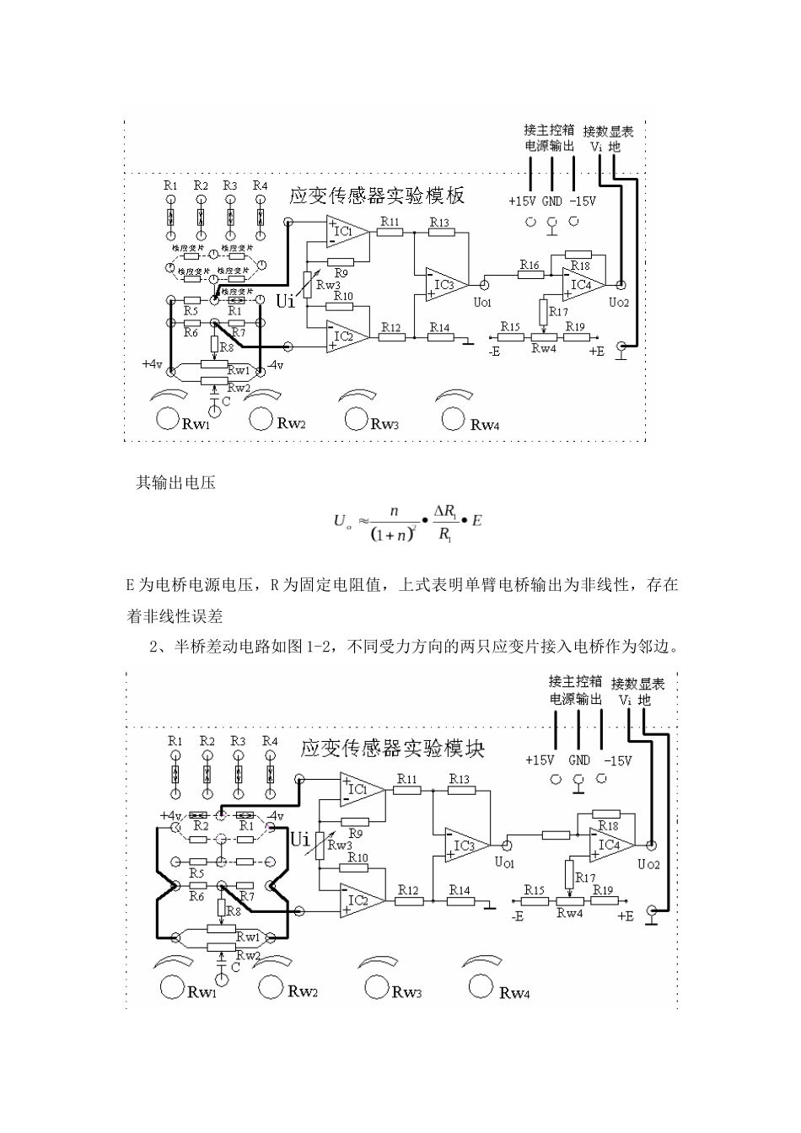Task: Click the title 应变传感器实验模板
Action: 376,196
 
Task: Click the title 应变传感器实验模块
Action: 393,749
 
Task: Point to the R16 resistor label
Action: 530,266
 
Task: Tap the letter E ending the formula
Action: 476,521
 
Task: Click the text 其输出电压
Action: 176,483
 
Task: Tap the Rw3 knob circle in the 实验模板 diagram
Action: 357,419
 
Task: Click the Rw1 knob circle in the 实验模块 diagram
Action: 173,987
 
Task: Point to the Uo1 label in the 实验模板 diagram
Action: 482,302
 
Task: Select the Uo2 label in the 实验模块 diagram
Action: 650,864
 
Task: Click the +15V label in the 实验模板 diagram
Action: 523,201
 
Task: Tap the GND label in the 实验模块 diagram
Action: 579,760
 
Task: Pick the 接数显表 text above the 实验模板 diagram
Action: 609,132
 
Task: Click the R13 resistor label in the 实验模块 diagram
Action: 460,779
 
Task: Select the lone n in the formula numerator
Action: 393,511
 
